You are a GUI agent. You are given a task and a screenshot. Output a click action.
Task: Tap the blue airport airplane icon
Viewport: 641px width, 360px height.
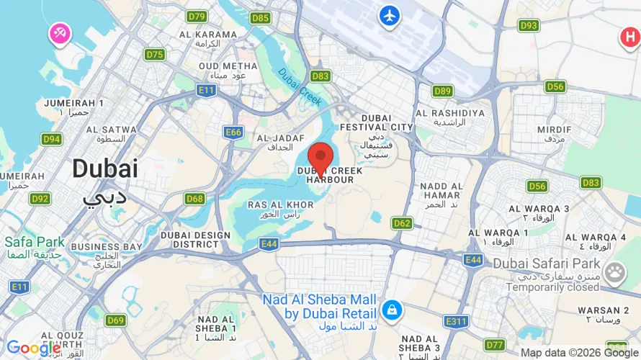(390, 15)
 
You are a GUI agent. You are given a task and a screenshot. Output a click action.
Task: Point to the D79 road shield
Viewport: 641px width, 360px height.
(197, 16)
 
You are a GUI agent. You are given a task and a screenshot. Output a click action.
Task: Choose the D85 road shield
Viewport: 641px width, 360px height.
(261, 18)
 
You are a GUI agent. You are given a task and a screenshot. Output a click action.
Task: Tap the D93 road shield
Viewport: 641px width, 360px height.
(529, 25)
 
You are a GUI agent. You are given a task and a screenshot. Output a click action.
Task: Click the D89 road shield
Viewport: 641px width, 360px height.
(442, 91)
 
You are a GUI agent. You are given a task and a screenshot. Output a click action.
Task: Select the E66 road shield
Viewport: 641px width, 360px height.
(233, 132)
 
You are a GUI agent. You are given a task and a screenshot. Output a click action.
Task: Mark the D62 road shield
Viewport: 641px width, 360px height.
(402, 223)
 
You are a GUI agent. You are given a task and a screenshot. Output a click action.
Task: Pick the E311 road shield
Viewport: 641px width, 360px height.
(457, 321)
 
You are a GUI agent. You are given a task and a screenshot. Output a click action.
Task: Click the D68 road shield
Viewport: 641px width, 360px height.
(194, 199)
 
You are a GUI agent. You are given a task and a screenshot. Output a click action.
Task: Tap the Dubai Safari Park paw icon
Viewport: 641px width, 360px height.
(614, 272)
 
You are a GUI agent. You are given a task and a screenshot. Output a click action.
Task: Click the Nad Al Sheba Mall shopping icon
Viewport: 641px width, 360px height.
(392, 310)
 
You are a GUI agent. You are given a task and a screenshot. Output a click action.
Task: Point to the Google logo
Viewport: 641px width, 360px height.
(33, 348)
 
